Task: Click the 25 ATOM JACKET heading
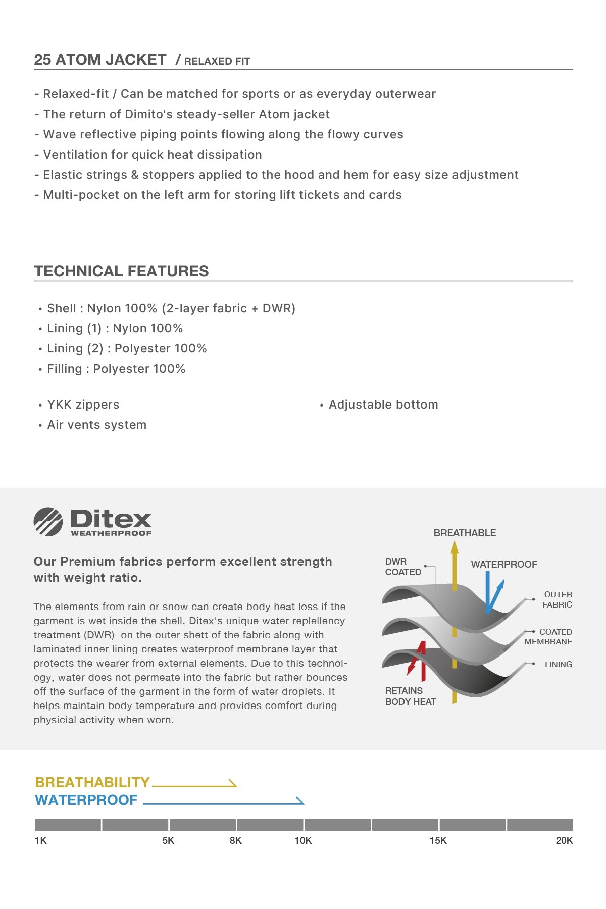(100, 60)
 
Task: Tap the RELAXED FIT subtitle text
(217, 61)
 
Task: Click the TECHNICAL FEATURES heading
(121, 271)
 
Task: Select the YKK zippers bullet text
(83, 405)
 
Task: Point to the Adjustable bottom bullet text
(383, 405)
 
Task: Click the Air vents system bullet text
(97, 425)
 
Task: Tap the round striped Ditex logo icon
(48, 522)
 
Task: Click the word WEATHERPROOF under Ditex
(111, 533)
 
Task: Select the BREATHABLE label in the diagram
(465, 533)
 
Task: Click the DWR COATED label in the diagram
(403, 567)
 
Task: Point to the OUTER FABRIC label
(558, 599)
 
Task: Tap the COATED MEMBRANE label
(548, 637)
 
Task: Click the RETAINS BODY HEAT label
(410, 696)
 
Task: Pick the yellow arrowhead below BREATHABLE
(454, 547)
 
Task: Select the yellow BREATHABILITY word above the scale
(92, 782)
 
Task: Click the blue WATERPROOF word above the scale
(86, 800)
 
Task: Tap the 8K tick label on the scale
(236, 840)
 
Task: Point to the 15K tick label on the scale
(438, 840)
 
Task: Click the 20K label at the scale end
(564, 840)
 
